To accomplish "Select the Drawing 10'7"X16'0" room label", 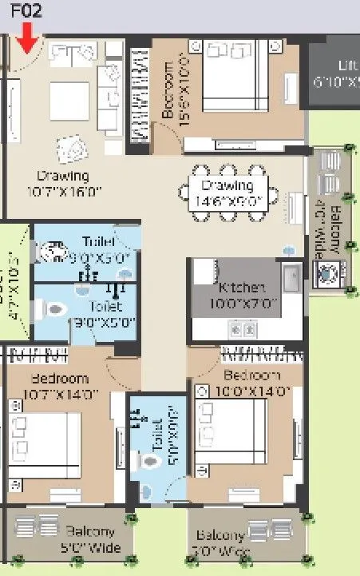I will (x=62, y=182).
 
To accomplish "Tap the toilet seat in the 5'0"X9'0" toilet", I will (x=149, y=463).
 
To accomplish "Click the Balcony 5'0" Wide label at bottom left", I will (x=93, y=539).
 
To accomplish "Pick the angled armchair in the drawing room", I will (x=73, y=149).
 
